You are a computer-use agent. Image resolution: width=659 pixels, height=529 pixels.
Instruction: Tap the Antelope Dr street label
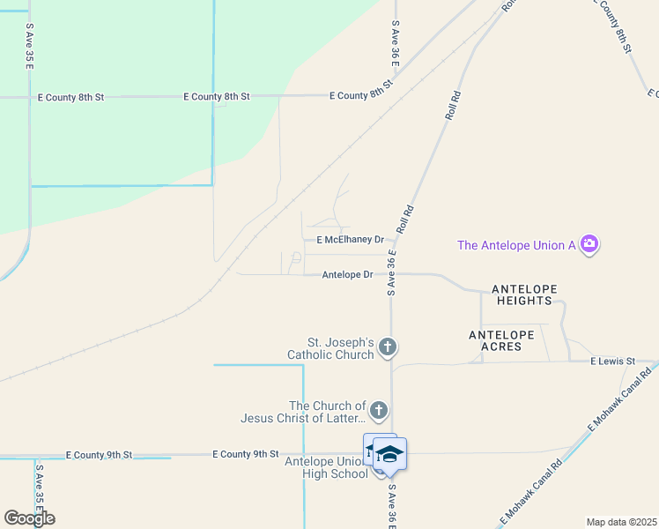pyautogui.click(x=348, y=275)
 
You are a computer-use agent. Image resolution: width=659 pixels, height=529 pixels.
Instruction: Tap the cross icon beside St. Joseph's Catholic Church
pyautogui.click(x=387, y=349)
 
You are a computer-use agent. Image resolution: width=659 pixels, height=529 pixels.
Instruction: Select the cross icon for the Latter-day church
pyautogui.click(x=378, y=410)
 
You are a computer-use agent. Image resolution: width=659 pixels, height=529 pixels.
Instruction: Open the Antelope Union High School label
pyautogui.click(x=326, y=467)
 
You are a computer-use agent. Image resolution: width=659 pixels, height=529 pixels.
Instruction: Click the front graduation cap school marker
pyautogui.click(x=389, y=454)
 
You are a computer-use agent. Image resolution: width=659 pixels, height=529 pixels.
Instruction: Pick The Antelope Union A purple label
pyautogui.click(x=516, y=245)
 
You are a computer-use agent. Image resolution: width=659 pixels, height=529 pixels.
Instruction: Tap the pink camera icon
pyautogui.click(x=589, y=244)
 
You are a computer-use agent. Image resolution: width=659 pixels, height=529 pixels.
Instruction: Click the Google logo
pyautogui.click(x=29, y=518)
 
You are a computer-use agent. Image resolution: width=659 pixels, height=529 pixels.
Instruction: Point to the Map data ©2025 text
pyautogui.click(x=622, y=522)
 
